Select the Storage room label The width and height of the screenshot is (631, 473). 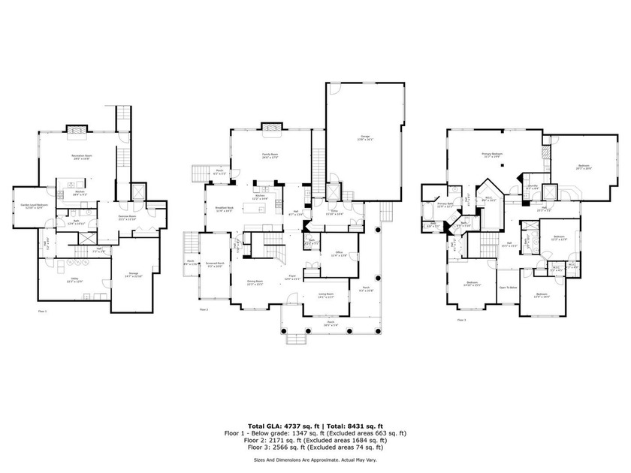click(134, 273)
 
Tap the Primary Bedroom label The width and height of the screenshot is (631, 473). click(492, 155)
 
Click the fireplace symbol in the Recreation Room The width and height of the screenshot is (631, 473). click(77, 132)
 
